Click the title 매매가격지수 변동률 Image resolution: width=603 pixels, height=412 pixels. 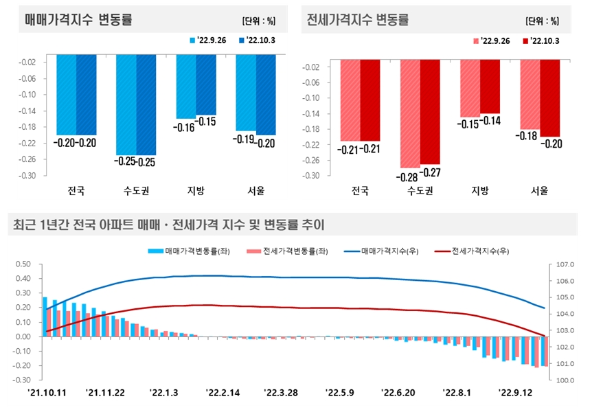coord(78,20)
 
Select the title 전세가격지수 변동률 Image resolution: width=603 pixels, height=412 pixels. coord(358,20)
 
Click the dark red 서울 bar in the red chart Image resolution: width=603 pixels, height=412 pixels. coord(550,98)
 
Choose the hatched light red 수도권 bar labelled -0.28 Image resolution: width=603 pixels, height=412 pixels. coord(410,113)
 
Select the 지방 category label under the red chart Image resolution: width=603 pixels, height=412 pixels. coord(479,191)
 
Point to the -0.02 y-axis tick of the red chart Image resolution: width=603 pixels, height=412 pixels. coord(311,67)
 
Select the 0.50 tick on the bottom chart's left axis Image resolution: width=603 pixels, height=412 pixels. coord(23,264)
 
